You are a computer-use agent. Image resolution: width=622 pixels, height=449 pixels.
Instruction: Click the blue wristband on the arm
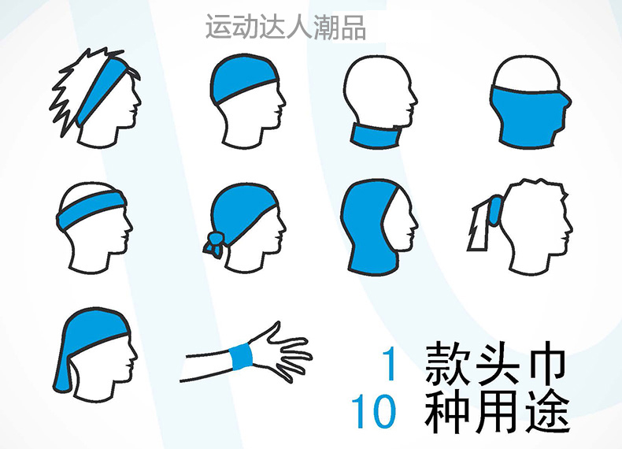point(241,356)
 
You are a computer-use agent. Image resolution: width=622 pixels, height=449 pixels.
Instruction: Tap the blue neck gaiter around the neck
point(375,135)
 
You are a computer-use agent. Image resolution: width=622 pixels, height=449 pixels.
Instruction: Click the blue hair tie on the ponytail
point(494,211)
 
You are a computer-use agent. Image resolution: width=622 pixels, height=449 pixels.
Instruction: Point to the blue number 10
point(374,411)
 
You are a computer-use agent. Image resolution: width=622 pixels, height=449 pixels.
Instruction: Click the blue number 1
point(390,364)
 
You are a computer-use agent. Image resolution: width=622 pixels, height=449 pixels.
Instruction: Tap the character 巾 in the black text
point(548,363)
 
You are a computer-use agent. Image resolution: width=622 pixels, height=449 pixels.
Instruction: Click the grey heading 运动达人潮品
point(285,27)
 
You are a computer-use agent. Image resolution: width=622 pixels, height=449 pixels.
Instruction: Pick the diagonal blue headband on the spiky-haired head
point(101,90)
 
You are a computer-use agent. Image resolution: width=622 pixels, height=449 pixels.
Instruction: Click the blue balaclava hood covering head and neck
point(367,228)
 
